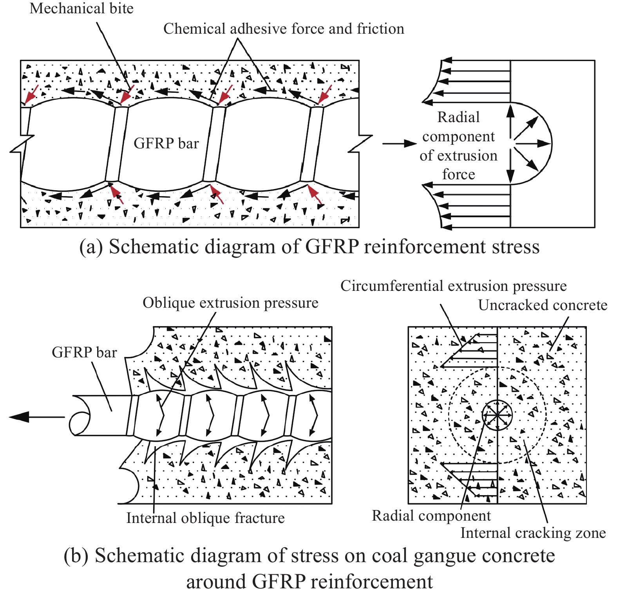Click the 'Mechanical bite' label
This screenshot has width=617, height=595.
coord(81,9)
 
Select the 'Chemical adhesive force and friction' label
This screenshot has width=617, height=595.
coord(284,29)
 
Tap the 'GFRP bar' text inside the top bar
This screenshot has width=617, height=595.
coord(166,144)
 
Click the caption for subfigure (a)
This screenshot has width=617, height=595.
coord(309,247)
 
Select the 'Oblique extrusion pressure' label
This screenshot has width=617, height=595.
coord(230,303)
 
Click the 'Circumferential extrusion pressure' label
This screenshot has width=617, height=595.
coord(453,286)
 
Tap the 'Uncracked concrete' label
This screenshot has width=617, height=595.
coord(543,305)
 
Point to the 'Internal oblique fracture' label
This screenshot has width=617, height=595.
coord(205,518)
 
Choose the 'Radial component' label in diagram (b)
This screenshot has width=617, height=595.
coord(431,516)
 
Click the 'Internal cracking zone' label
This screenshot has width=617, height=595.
coord(533,533)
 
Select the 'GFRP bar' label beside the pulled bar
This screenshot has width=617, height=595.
coord(84,353)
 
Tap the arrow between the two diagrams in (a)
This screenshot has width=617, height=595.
coord(399,144)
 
